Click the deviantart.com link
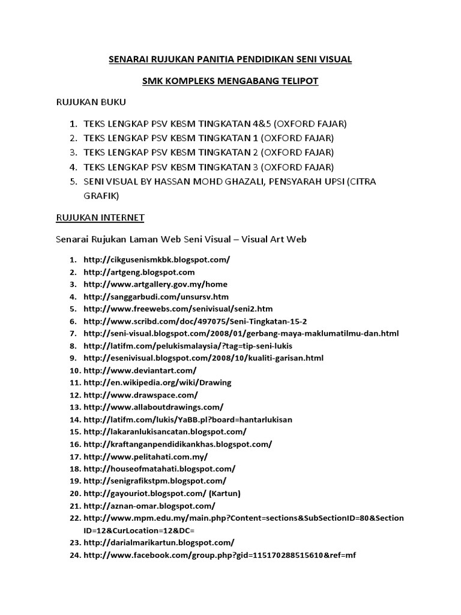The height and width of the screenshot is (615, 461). [140, 371]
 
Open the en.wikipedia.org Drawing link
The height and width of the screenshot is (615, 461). [157, 383]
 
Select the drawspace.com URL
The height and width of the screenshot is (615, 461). [140, 395]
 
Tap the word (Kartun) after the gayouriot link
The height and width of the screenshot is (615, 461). [224, 493]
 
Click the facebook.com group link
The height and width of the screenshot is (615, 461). [220, 555]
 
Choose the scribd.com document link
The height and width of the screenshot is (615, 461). [196, 321]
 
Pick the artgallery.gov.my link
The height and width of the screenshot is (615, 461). [155, 284]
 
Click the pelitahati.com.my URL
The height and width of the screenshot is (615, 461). [146, 456]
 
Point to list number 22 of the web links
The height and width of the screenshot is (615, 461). [75, 518]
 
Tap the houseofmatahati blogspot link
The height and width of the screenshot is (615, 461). [160, 468]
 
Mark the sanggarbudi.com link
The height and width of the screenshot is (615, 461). [156, 297]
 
